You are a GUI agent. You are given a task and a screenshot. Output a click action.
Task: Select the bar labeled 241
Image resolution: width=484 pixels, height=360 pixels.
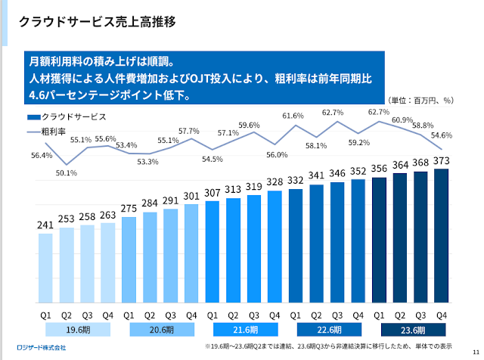[x=46, y=269]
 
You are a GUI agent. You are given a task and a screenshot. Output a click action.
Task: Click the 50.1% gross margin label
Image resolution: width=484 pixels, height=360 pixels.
[x=67, y=173]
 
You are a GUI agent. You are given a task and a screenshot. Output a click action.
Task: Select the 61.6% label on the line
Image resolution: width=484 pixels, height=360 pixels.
[x=293, y=116]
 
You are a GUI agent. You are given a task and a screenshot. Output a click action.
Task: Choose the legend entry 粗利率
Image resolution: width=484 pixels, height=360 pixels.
[x=56, y=131]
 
